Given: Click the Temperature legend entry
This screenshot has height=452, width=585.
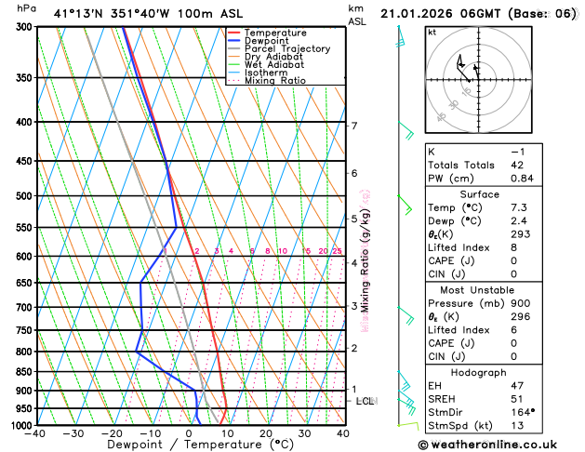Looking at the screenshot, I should tap(275, 33).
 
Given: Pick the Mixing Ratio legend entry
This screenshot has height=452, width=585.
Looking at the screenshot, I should tap(274, 81).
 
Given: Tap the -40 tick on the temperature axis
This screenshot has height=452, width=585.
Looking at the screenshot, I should tap(36, 433).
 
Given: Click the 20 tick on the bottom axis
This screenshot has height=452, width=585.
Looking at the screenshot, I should tap(266, 433).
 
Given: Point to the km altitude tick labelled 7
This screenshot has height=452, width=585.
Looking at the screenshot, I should tap(353, 126).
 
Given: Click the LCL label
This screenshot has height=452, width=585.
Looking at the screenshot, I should tap(365, 401).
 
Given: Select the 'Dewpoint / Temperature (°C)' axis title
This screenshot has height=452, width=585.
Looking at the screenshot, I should tap(190, 445).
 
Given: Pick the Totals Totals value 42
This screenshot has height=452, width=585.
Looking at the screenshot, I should tap(518, 165).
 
